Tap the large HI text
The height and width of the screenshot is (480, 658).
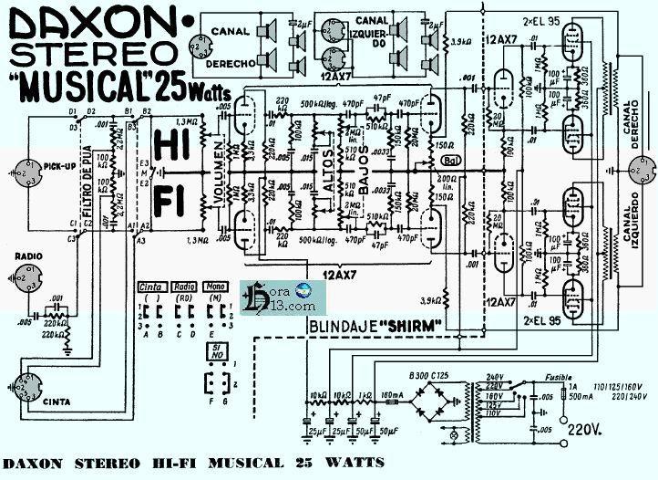click(172, 144)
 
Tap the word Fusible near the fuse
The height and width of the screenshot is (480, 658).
click(559, 376)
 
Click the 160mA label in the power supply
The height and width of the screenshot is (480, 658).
click(391, 395)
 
